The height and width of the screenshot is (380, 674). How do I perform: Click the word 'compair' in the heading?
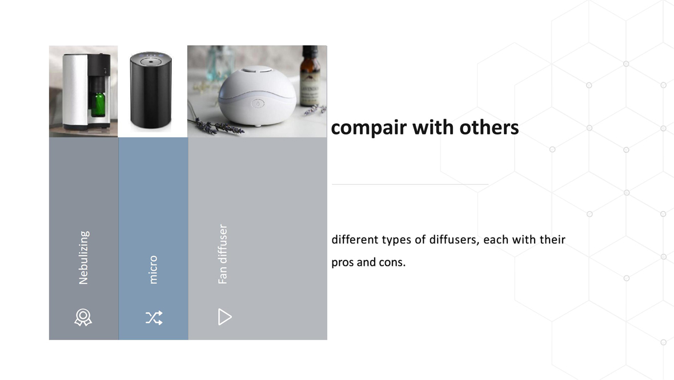pos(368,128)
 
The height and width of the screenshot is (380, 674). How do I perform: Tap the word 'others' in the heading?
pos(489,127)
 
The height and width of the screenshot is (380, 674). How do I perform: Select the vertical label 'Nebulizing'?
pos(83,257)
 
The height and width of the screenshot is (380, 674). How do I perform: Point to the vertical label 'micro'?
pos(153,270)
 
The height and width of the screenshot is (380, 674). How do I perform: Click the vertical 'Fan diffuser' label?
pos(222,254)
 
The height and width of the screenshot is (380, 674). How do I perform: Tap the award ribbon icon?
pos(83,318)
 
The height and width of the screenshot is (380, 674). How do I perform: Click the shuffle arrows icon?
pos(154,318)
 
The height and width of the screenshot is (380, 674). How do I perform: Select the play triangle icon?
pos(224,316)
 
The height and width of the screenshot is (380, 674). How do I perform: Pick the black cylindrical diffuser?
pos(151,90)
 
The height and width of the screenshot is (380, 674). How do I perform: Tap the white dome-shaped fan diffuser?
pos(257,96)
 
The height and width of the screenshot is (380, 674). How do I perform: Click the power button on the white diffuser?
pos(258,104)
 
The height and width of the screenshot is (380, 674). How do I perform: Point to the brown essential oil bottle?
pos(310,76)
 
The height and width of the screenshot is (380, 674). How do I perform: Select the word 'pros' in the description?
pos(342,262)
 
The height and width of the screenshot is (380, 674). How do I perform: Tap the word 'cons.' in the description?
pos(392,262)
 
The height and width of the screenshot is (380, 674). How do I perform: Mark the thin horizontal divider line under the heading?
pos(410,184)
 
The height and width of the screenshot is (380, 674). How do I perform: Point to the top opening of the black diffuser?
pos(151,61)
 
